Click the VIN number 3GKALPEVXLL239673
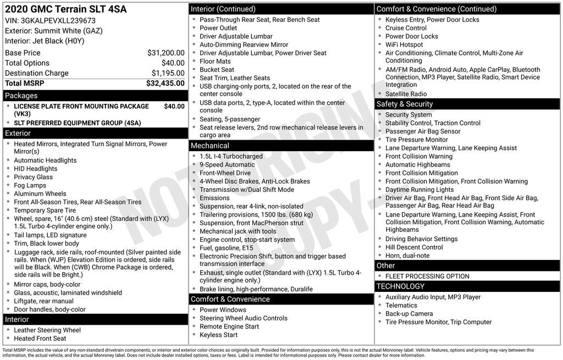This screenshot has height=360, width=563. pyautogui.click(x=60, y=20)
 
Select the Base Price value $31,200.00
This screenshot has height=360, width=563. pyautogui.click(x=165, y=53)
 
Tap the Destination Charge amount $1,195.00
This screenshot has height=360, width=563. pyautogui.click(x=168, y=73)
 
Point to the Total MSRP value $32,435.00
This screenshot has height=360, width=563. pyautogui.click(x=165, y=84)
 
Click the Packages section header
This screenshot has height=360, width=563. pyautogui.click(x=21, y=96)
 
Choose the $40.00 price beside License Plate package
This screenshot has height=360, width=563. pyautogui.click(x=174, y=106)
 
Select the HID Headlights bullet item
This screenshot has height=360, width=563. pyautogui.click(x=36, y=169)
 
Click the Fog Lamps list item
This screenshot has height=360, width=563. pyautogui.click(x=30, y=185)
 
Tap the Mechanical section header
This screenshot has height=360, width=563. pyautogui.click(x=209, y=146)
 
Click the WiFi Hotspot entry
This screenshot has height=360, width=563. pyautogui.click(x=404, y=45)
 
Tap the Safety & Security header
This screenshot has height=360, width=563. pyautogui.click(x=405, y=104)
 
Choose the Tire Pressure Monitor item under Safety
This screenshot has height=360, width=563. pyautogui.click(x=416, y=140)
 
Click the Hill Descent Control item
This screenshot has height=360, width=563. pyautogui.click(x=414, y=247)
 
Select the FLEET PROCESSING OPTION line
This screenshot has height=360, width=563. pyautogui.click(x=427, y=276)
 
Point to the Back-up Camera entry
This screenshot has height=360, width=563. pyautogui.click(x=409, y=314)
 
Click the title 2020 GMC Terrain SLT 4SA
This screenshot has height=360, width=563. pyautogui.click(x=65, y=9)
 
